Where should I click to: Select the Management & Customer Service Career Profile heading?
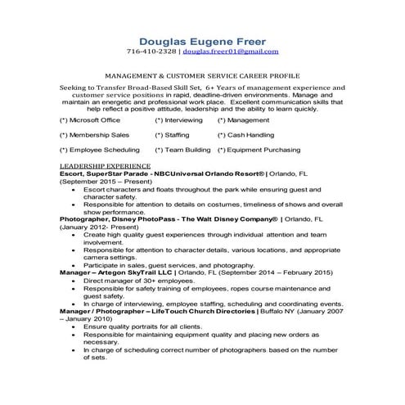click(202, 73)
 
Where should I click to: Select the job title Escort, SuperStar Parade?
click(104, 173)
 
